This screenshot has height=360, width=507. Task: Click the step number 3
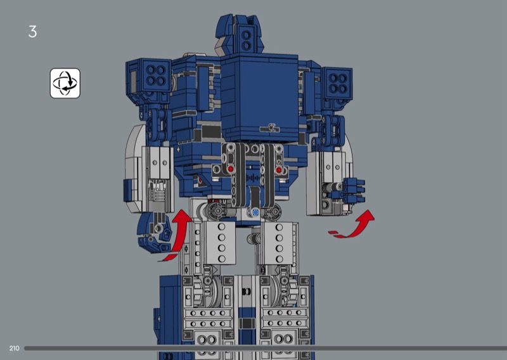(x=32, y=32)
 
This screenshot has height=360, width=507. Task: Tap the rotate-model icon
(x=65, y=83)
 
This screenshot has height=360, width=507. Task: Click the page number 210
(x=14, y=348)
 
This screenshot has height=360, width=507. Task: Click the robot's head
(x=239, y=35)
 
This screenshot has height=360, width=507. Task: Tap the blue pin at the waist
(x=255, y=212)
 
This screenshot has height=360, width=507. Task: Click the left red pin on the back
(x=230, y=169)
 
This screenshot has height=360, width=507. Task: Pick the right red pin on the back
(x=279, y=169)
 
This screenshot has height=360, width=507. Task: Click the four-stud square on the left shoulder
(x=155, y=75)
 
